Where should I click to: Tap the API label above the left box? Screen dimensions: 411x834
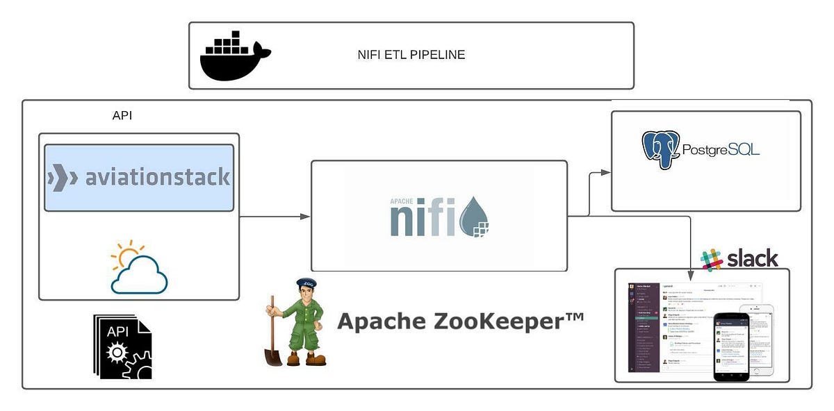(122, 116)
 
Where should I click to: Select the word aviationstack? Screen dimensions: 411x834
(157, 178)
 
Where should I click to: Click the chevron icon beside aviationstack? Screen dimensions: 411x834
(63, 178)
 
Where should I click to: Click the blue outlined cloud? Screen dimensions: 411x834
(140, 276)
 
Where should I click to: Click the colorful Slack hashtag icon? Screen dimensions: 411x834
(711, 260)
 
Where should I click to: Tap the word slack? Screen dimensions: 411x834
(752, 259)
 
